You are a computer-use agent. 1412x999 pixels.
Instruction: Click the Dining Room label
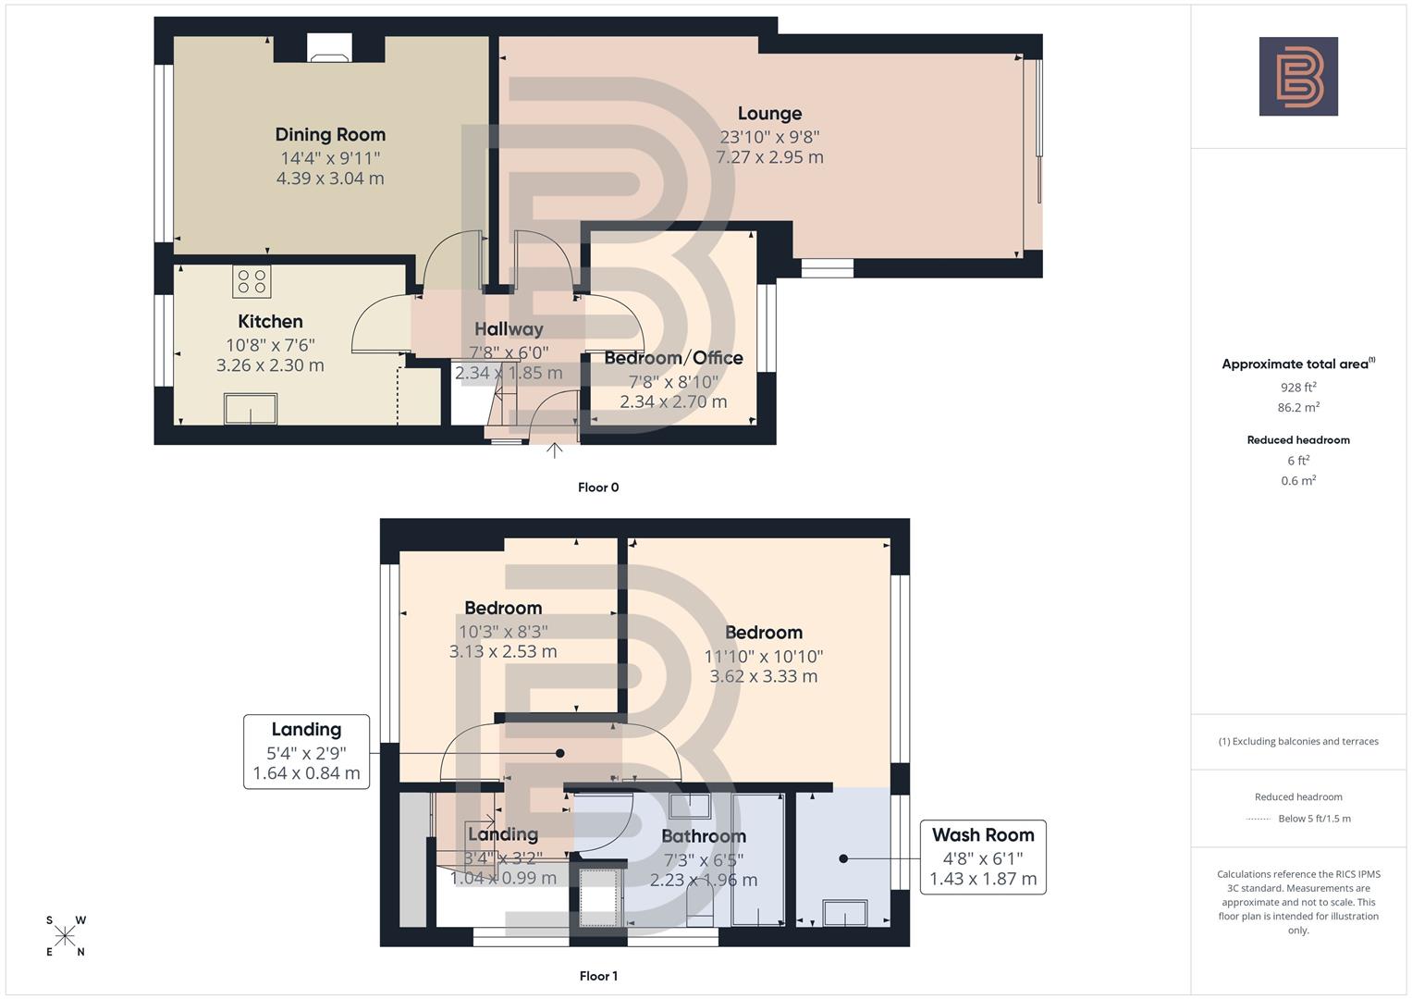pos(330,135)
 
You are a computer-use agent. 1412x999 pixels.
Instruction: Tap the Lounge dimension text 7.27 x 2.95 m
pos(769,157)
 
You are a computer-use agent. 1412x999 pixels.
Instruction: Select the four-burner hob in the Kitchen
pos(252,281)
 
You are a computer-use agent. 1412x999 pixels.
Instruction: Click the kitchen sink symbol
pos(251,408)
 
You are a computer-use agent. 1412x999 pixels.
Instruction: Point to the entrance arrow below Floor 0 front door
pos(554,450)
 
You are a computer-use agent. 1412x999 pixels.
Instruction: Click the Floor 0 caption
pos(598,487)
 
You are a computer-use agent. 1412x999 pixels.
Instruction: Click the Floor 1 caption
pos(598,976)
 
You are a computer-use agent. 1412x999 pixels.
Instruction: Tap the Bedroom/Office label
pos(673,358)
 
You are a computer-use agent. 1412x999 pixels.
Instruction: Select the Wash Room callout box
pos(983,857)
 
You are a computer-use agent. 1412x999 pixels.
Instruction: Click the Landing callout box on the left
pos(306,751)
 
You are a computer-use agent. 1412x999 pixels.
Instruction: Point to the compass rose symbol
pos(66,936)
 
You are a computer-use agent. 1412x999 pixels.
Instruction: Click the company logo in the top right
pos(1298,76)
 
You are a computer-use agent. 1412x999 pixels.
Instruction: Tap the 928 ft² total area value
pos(1298,388)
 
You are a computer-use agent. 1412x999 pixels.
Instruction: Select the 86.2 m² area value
pos(1298,407)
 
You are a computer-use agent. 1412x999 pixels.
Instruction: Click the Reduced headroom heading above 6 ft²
pos(1298,440)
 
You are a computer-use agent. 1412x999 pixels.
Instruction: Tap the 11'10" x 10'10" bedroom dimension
pos(763,656)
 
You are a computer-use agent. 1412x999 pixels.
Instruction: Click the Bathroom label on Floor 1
pos(703,836)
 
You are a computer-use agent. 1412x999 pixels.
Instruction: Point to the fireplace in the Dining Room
pos(329,49)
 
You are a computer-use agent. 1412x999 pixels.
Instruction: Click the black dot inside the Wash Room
pos(843,858)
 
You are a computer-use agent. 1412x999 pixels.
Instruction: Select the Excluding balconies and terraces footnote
pos(1298,741)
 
